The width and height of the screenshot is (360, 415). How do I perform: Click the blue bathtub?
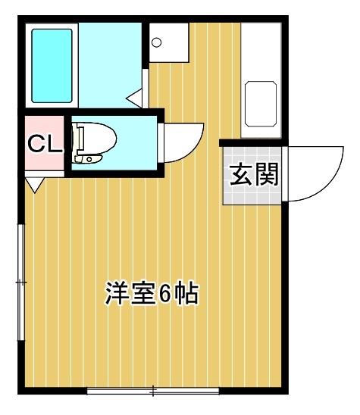52,65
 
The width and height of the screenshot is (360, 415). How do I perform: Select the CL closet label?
44,144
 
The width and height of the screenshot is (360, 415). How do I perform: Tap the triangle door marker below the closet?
34,184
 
